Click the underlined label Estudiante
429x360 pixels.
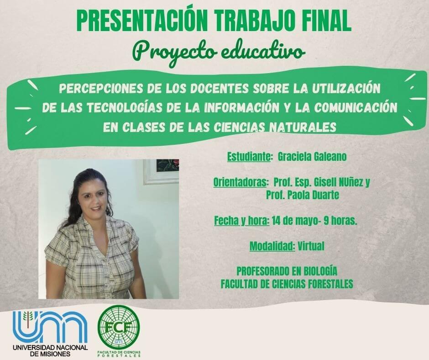(x=249, y=157)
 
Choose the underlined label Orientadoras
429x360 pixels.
(x=240, y=182)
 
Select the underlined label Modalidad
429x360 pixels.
(x=272, y=246)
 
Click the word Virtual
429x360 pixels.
(x=311, y=246)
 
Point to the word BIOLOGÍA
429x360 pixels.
(x=320, y=271)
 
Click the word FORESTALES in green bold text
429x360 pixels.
(x=325, y=284)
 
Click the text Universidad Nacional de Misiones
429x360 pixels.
(x=50, y=350)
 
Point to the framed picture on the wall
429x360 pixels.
(x=162, y=171)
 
